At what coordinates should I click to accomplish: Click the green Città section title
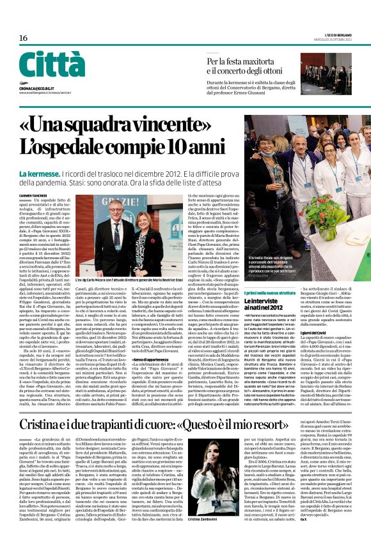coord(51,64)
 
